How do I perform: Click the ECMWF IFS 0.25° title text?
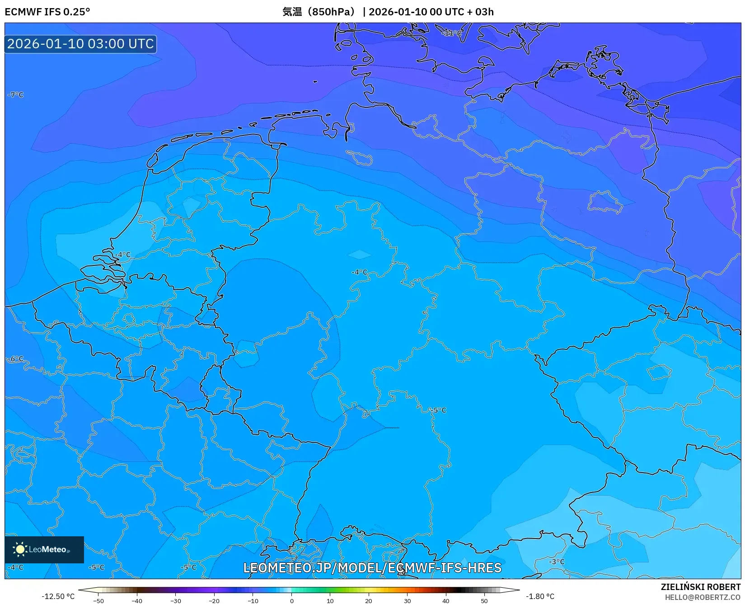pyautogui.click(x=47, y=12)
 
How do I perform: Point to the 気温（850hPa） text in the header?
pyautogui.click(x=319, y=12)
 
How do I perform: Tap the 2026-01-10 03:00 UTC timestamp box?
pyautogui.click(x=81, y=44)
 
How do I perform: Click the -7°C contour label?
pyautogui.click(x=16, y=95)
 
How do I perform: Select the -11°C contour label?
pyautogui.click(x=452, y=33)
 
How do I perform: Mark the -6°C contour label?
pyautogui.click(x=16, y=359)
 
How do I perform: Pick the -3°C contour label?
pyautogui.click(x=557, y=562)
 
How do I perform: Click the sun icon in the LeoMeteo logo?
pyautogui.click(x=20, y=549)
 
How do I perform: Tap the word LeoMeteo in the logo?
pyautogui.click(x=48, y=549)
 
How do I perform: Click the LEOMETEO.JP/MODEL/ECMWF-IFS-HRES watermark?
pyautogui.click(x=372, y=568)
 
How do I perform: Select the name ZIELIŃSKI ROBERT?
pyautogui.click(x=701, y=587)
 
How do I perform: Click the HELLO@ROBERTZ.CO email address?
pyautogui.click(x=703, y=597)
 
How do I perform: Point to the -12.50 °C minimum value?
pyautogui.click(x=58, y=596)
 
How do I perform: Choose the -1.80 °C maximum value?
pyautogui.click(x=540, y=596)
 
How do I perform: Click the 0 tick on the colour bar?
pyautogui.click(x=292, y=601)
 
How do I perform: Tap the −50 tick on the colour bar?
pyautogui.click(x=98, y=601)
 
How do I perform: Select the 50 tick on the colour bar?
pyautogui.click(x=484, y=601)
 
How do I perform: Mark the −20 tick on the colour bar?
pyautogui.click(x=214, y=601)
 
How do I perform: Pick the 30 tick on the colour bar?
pyautogui.click(x=408, y=601)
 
